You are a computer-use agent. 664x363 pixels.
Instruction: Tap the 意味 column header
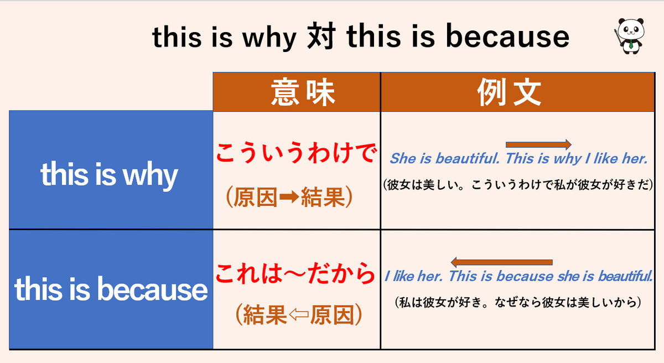(x=297, y=92)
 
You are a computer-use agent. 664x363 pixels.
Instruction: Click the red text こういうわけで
(x=296, y=153)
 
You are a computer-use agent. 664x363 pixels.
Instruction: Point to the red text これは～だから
(x=296, y=273)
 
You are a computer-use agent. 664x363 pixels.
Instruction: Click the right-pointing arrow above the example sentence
(x=538, y=145)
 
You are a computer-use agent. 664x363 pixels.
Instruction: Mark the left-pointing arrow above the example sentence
(x=502, y=262)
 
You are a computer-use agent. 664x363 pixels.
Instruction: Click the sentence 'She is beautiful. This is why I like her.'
(x=518, y=159)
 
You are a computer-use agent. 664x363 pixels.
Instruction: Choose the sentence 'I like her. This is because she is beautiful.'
(x=518, y=276)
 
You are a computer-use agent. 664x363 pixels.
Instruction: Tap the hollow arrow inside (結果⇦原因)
(x=298, y=315)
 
